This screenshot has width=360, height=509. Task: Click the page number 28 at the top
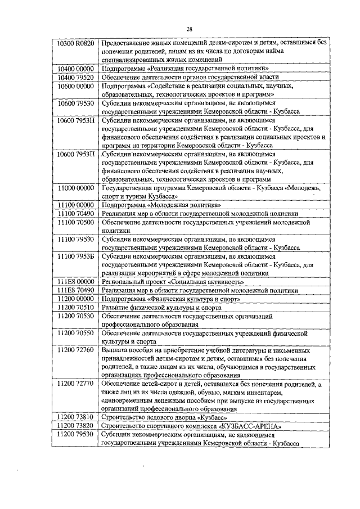click(190, 29)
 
